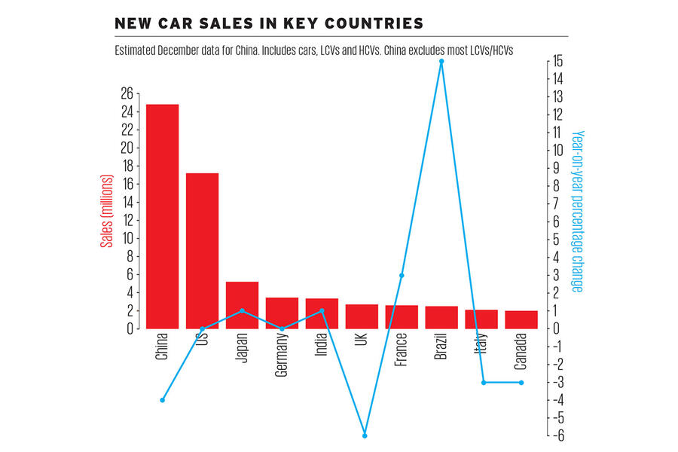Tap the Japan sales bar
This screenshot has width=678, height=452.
click(242, 305)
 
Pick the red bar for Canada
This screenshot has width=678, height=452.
click(521, 319)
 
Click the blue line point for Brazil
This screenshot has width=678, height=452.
click(441, 61)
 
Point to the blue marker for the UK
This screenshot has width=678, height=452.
click(365, 435)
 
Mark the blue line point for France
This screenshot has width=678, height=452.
click(402, 276)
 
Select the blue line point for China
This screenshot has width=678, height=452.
click(162, 400)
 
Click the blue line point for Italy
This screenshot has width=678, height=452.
click(483, 383)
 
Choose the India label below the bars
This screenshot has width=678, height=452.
click(322, 347)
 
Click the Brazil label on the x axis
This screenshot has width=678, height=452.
click(441, 348)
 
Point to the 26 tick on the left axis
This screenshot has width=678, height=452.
click(126, 93)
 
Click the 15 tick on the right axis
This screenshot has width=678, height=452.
click(555, 61)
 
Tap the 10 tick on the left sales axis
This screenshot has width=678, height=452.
click(126, 238)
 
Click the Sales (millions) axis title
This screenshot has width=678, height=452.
click(106, 211)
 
